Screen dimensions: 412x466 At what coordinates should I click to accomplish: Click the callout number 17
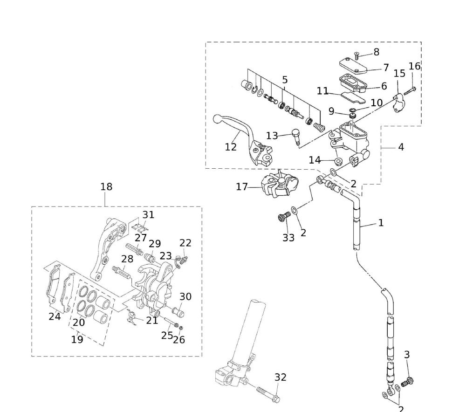point(242,187)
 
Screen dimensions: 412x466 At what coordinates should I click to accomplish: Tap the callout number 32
point(280,377)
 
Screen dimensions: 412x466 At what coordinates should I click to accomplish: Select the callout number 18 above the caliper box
point(106,186)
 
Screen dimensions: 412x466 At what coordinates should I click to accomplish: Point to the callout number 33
point(288,237)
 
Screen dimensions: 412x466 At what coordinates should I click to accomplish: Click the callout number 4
point(401,147)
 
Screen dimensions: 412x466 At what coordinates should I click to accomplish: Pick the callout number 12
point(231,147)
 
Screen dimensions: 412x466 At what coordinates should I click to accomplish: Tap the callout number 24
point(55,316)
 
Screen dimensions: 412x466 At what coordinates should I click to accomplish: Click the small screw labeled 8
point(357,55)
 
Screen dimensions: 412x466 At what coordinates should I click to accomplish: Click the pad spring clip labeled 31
point(138,227)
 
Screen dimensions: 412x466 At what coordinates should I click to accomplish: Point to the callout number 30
point(185,296)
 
